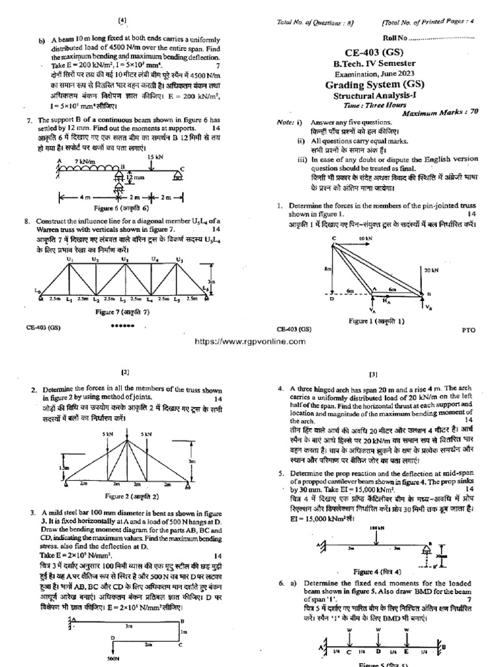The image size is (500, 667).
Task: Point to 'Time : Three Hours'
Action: pos(369,104)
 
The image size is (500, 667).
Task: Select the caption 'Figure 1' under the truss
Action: pos(376,321)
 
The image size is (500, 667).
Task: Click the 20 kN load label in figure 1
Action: pos(451,269)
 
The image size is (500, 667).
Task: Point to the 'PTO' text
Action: pos(469,330)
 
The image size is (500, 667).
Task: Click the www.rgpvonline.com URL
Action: pos(249,341)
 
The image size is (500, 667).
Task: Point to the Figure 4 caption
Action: pos(372,571)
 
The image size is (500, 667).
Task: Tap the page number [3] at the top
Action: pos(374,375)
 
